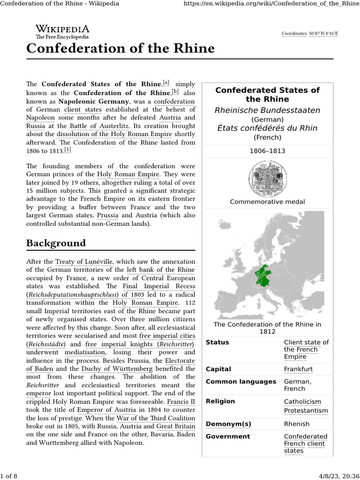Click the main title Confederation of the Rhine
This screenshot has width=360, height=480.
pos(120,48)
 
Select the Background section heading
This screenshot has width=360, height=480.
pos(56,243)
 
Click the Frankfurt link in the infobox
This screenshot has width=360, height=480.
pos(298,369)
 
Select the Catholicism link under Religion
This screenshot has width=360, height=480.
pos(302,402)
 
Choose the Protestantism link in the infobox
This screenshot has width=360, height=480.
pos(306,411)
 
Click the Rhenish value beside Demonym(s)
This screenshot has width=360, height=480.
pos(297,424)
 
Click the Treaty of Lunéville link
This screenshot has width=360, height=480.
pos(84,262)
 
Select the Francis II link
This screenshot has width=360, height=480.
pos(181,401)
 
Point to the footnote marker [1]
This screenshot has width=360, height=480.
pos(68,150)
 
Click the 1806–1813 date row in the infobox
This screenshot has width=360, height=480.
pos(267,151)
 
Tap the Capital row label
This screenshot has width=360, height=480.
pos(218,369)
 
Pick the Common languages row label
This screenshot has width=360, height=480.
pos(241,382)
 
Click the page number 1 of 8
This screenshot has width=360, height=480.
pos(9,476)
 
